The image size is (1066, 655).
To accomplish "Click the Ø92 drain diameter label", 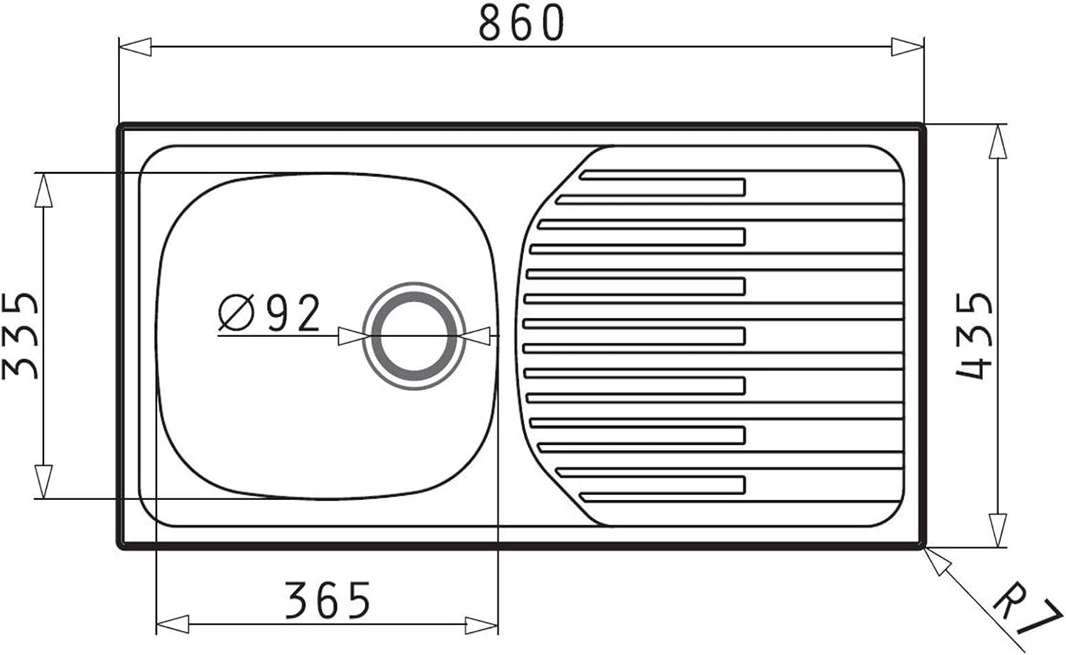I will pyautogui.click(x=269, y=313).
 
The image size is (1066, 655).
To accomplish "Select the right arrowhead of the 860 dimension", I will pyautogui.click(x=907, y=48).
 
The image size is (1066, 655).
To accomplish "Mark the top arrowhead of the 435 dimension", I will pyautogui.click(x=998, y=142).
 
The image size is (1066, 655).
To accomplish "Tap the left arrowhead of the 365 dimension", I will pyautogui.click(x=173, y=625).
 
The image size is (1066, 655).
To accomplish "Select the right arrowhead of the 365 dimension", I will pyautogui.click(x=481, y=625).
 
